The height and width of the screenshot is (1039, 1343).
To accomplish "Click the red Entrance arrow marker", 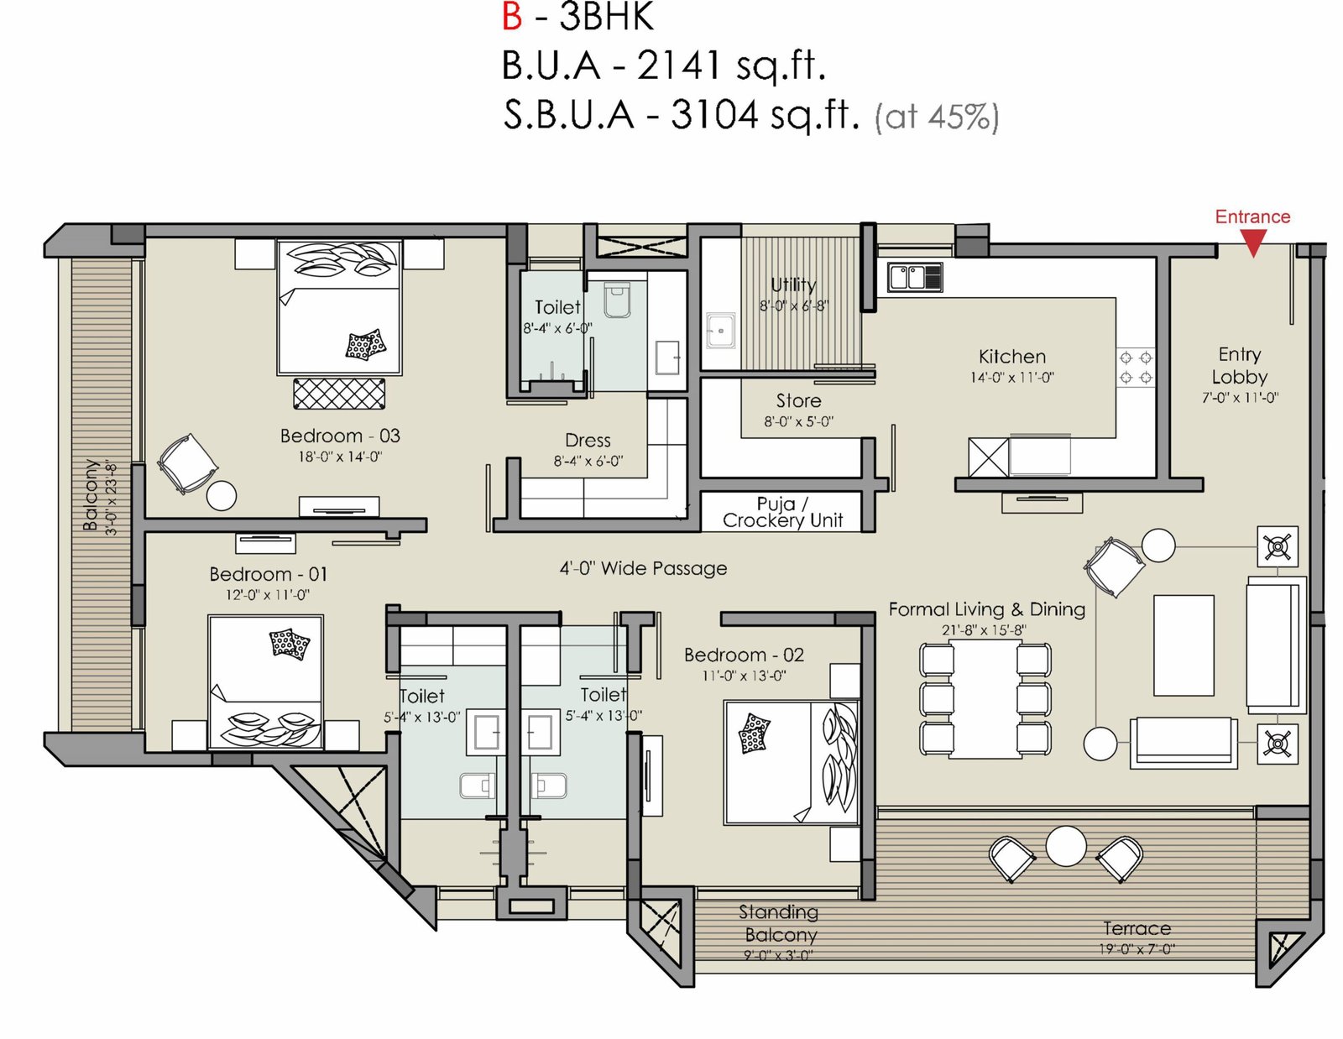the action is pyautogui.click(x=1252, y=243).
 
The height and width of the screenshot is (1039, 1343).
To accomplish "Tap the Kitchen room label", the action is pyautogui.click(x=1011, y=357).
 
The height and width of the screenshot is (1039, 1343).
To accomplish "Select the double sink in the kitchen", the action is pyautogui.click(x=915, y=277).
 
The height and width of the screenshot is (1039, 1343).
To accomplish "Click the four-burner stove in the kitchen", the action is pyautogui.click(x=1136, y=368).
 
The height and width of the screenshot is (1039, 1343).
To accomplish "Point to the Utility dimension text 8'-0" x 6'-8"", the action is pyautogui.click(x=793, y=305).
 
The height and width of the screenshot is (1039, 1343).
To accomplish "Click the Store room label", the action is pyautogui.click(x=798, y=401).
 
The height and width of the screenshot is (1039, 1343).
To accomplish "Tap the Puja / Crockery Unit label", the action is pyautogui.click(x=782, y=512).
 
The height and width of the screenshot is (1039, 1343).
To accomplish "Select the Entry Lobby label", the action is pyautogui.click(x=1240, y=366).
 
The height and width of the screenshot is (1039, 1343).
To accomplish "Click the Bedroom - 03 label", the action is pyautogui.click(x=340, y=436).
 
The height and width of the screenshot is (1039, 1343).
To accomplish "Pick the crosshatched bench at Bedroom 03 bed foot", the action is pyautogui.click(x=338, y=394).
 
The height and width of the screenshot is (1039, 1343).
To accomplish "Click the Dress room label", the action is pyautogui.click(x=588, y=441).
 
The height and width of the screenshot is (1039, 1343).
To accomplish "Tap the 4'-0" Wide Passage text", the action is pyautogui.click(x=643, y=568).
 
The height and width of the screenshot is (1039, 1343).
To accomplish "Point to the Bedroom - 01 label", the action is pyautogui.click(x=268, y=575).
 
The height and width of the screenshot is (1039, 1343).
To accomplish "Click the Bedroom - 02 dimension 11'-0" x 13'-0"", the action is pyautogui.click(x=744, y=676).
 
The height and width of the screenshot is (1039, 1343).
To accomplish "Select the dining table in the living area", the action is pyautogui.click(x=985, y=698).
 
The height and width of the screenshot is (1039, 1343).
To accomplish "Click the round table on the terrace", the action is pyautogui.click(x=1066, y=846).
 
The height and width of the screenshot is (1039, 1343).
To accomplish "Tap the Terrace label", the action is pyautogui.click(x=1137, y=928).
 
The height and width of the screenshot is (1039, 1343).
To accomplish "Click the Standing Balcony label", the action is pyautogui.click(x=779, y=923).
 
